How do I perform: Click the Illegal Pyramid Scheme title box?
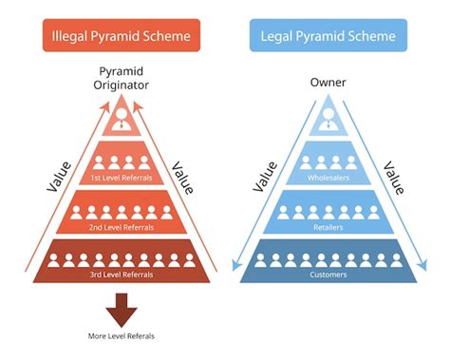120,37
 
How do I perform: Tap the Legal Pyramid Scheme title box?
328,37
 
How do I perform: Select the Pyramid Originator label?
120,80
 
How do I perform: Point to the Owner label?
328,82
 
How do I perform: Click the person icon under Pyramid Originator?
120,119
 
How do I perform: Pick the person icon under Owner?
328,119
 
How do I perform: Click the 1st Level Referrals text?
120,177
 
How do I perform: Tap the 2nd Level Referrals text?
120,227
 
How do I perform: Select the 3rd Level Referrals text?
120,275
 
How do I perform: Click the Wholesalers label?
328,177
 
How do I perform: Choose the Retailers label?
328,227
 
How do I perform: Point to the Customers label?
328,275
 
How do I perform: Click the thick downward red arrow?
120,309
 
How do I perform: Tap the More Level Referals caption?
120,336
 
